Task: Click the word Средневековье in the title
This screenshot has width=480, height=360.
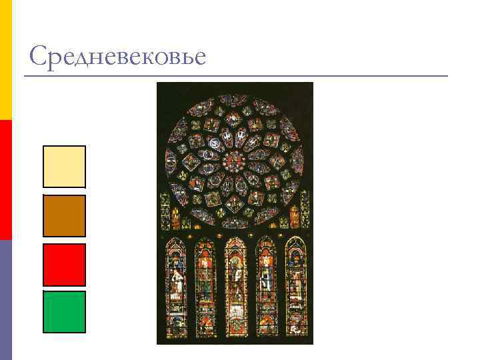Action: pyautogui.click(x=117, y=57)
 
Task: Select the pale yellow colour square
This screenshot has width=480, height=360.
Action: pyautogui.click(x=64, y=167)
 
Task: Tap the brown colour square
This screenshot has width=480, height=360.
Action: pyautogui.click(x=64, y=215)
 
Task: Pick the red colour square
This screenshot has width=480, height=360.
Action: pyautogui.click(x=64, y=264)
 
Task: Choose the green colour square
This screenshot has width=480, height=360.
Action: pyautogui.click(x=64, y=311)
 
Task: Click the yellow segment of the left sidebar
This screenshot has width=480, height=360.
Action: pyautogui.click(x=5, y=60)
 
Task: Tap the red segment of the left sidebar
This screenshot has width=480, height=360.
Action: pyautogui.click(x=5, y=180)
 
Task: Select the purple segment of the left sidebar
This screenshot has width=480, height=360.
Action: pyautogui.click(x=5, y=300)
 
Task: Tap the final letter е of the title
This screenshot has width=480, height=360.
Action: pyautogui.click(x=199, y=59)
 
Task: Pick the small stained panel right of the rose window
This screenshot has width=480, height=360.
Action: pyautogui.click(x=305, y=207)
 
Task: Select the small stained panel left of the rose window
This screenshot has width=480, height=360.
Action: pyautogui.click(x=165, y=207)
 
